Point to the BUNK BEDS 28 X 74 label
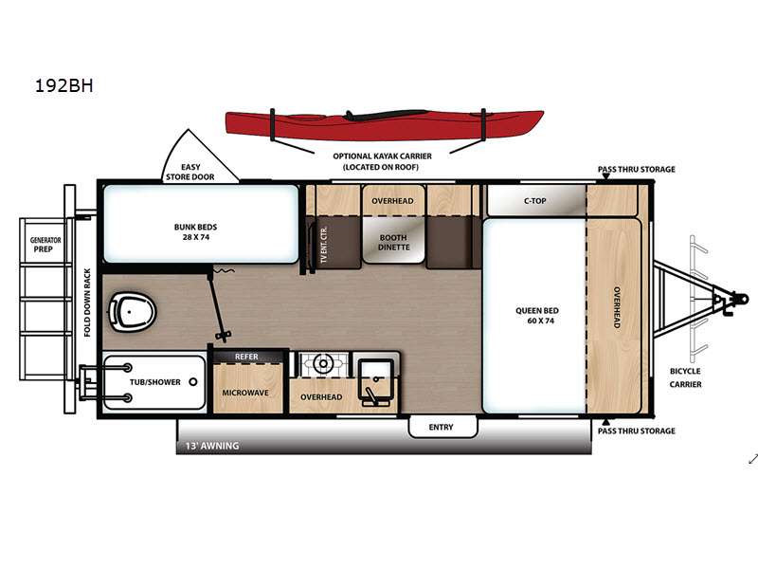click(x=197, y=232)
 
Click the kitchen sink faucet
click(x=371, y=388)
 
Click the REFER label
click(x=246, y=357)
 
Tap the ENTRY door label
click(x=441, y=427)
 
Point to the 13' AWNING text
click(x=212, y=446)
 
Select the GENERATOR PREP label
click(x=45, y=245)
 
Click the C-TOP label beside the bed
click(x=534, y=201)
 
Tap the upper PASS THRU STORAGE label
click(x=636, y=170)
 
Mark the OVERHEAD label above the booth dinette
click(x=392, y=201)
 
